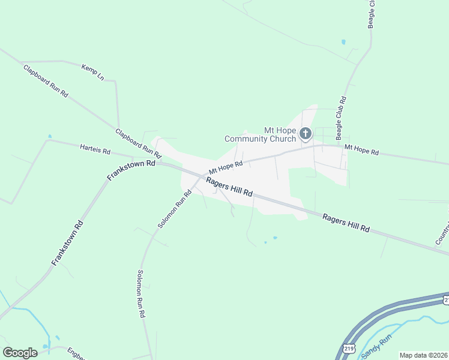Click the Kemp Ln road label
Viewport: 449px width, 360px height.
click(x=92, y=71)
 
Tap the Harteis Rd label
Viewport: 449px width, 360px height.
click(x=95, y=149)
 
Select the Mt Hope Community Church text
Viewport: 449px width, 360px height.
click(x=261, y=134)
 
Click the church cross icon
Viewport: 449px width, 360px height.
click(x=306, y=134)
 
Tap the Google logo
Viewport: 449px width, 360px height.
click(x=20, y=353)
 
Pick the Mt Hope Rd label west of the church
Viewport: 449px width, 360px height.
click(x=226, y=165)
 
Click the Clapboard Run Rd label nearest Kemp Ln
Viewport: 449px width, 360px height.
click(x=46, y=82)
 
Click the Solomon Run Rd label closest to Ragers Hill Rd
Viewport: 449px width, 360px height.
click(x=174, y=209)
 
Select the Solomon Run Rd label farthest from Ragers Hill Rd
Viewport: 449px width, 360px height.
click(x=140, y=293)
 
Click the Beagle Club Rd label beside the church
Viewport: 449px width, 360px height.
click(x=341, y=115)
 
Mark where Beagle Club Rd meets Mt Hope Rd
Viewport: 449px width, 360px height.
click(x=343, y=146)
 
